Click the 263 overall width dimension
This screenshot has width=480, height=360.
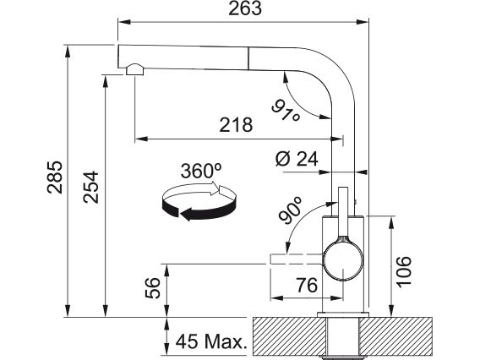(x=245, y=8)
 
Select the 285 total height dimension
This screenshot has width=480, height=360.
(x=55, y=177)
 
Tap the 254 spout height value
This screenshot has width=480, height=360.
(x=91, y=187)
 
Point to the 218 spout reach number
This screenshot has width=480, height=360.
(x=236, y=125)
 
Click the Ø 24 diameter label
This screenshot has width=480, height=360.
(x=297, y=159)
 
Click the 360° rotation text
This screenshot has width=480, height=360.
(x=201, y=171)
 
